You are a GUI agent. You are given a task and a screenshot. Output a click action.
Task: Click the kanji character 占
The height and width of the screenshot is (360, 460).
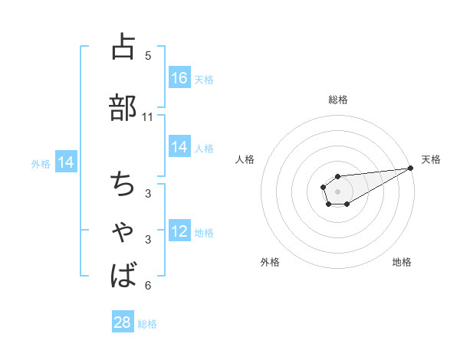pyautogui.click(x=123, y=47)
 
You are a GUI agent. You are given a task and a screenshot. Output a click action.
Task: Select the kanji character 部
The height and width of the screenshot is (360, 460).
pyautogui.click(x=123, y=107)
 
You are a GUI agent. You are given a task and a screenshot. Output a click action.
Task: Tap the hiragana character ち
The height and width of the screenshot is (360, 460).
pyautogui.click(x=123, y=184)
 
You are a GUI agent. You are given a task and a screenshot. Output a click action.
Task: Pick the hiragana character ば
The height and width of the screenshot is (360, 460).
pyautogui.click(x=123, y=275)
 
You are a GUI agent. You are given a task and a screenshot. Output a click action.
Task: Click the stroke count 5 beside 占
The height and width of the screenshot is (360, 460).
pyautogui.click(x=148, y=55)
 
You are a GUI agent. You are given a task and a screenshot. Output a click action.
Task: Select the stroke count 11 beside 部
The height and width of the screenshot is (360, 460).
pyautogui.click(x=148, y=117)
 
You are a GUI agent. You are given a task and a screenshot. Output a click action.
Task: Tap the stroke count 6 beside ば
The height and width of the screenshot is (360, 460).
pyautogui.click(x=148, y=286)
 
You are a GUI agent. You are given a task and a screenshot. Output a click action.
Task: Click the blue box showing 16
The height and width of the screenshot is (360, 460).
pyautogui.click(x=179, y=78)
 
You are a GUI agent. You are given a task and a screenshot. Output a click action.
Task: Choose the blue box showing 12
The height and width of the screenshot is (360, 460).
pyautogui.click(x=179, y=231)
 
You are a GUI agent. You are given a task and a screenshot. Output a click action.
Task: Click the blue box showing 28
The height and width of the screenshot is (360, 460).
pyautogui.click(x=123, y=322)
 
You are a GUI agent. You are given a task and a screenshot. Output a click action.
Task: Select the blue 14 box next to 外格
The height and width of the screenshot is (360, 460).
pyautogui.click(x=65, y=162)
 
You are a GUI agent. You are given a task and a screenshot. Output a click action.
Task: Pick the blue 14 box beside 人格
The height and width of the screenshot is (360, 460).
pyautogui.click(x=179, y=147)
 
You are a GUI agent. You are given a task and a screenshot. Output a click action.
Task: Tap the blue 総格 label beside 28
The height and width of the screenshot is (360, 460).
pyautogui.click(x=147, y=323)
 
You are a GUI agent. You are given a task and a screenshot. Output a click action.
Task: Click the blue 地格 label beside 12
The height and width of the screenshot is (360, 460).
pyautogui.click(x=204, y=232)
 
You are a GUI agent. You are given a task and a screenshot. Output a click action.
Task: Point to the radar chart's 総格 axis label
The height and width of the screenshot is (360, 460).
pyautogui.click(x=337, y=100)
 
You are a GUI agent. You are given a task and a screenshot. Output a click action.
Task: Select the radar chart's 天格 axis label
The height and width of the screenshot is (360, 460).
pyautogui.click(x=431, y=159)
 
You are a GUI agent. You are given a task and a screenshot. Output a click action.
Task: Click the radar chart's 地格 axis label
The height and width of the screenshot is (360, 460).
pyautogui.click(x=402, y=262)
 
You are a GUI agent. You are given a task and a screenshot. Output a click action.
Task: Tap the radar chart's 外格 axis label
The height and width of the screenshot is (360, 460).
pyautogui.click(x=270, y=262)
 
